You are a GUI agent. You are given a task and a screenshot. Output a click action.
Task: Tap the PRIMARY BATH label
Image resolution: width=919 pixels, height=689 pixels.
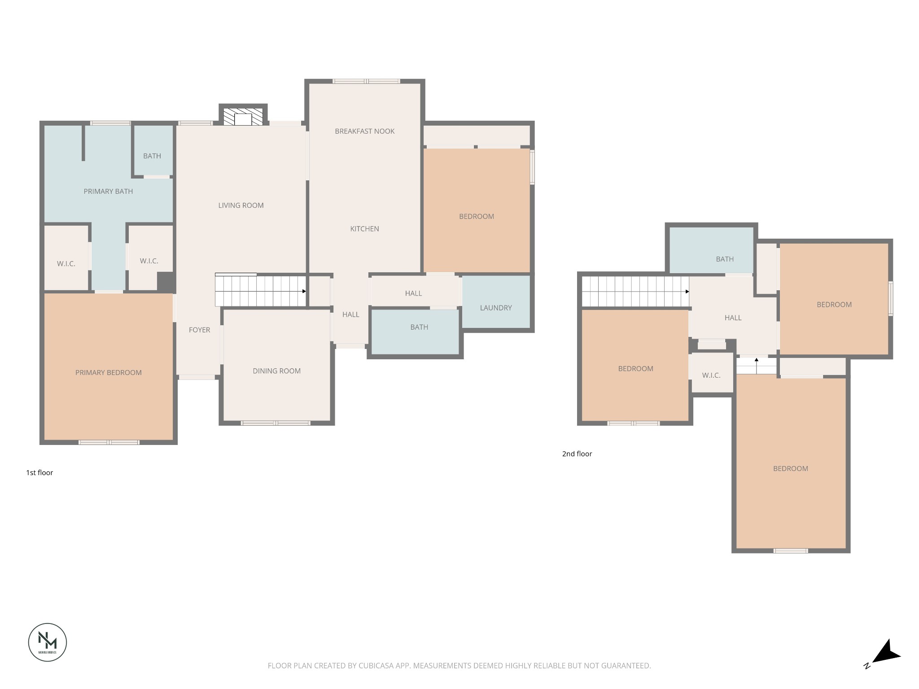click(108, 192)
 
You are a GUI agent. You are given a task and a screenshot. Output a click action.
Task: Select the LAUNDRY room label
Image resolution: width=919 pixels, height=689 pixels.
click(495, 308)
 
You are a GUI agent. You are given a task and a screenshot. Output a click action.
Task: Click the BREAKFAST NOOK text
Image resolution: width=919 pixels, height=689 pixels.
click(364, 131)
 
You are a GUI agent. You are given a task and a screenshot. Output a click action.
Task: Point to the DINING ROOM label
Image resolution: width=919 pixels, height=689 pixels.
click(276, 371)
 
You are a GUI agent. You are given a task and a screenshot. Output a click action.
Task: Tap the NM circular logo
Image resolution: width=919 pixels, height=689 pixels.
click(48, 642)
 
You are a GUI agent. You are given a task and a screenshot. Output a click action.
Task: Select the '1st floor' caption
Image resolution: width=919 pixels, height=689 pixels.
click(39, 473)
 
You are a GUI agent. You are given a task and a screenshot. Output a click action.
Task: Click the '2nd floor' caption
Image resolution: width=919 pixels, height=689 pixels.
click(577, 454)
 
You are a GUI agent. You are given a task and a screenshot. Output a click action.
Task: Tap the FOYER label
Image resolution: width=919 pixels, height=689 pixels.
click(199, 330)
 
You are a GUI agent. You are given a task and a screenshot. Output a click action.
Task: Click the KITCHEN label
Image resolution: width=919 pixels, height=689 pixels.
click(364, 229)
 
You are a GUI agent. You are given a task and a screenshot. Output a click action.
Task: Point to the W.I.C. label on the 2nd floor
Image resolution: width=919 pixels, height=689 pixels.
click(711, 375)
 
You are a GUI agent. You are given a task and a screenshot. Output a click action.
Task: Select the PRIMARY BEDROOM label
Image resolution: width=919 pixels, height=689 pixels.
click(108, 373)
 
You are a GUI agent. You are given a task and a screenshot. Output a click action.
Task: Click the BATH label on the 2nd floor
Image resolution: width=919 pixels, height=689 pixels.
click(724, 259)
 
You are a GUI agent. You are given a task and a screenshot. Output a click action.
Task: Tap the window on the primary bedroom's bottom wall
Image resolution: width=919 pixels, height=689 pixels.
click(109, 442)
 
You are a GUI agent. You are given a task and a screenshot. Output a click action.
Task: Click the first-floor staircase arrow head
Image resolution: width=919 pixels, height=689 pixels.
click(304, 292)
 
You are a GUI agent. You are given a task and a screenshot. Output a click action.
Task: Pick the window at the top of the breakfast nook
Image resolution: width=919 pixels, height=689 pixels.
click(366, 81)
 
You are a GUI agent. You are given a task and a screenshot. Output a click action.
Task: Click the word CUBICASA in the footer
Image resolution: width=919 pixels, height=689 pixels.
click(376, 666)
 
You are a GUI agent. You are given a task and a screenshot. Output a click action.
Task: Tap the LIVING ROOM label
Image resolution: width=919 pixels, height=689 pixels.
click(241, 205)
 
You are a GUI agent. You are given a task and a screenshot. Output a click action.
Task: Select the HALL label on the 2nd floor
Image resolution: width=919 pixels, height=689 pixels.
click(732, 318)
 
